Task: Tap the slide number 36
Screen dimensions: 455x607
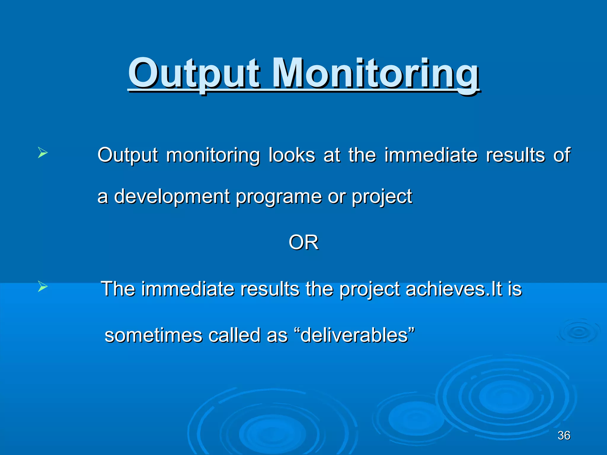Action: point(564,435)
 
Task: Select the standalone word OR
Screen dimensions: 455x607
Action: point(303,242)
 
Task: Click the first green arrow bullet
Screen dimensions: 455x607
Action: point(43,153)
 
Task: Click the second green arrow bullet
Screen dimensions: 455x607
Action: point(43,286)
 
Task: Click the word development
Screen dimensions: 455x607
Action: point(172,196)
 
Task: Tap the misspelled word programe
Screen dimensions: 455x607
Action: point(278,196)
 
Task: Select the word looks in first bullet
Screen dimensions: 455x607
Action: point(292,155)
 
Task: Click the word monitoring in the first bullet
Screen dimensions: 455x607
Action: point(213,155)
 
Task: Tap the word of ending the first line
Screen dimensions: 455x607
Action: point(562,155)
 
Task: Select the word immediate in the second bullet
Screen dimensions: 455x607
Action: point(188,289)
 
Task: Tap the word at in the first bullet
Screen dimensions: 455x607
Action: point(332,155)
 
